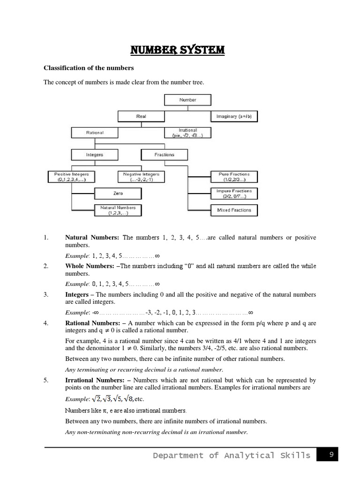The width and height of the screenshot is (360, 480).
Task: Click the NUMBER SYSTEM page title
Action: click(x=180, y=50)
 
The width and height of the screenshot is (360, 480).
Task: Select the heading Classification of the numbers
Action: click(x=89, y=68)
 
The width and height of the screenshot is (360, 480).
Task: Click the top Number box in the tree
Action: click(x=187, y=100)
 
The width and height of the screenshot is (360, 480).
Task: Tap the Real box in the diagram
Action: click(x=141, y=116)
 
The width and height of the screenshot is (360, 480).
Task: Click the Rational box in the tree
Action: click(x=95, y=133)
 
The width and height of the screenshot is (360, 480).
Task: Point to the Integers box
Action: click(x=95, y=154)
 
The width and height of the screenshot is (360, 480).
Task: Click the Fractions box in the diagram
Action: click(x=164, y=154)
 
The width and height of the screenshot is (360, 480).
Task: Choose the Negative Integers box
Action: click(x=141, y=177)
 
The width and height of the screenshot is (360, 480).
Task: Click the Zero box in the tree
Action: click(x=118, y=193)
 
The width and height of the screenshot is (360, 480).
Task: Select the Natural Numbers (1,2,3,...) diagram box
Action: click(x=118, y=210)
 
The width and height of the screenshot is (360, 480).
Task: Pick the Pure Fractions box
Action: click(x=234, y=177)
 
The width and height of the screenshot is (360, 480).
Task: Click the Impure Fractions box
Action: click(x=234, y=193)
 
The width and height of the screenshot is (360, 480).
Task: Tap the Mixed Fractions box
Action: click(x=234, y=210)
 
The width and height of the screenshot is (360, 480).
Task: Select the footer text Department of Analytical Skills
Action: click(x=231, y=455)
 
